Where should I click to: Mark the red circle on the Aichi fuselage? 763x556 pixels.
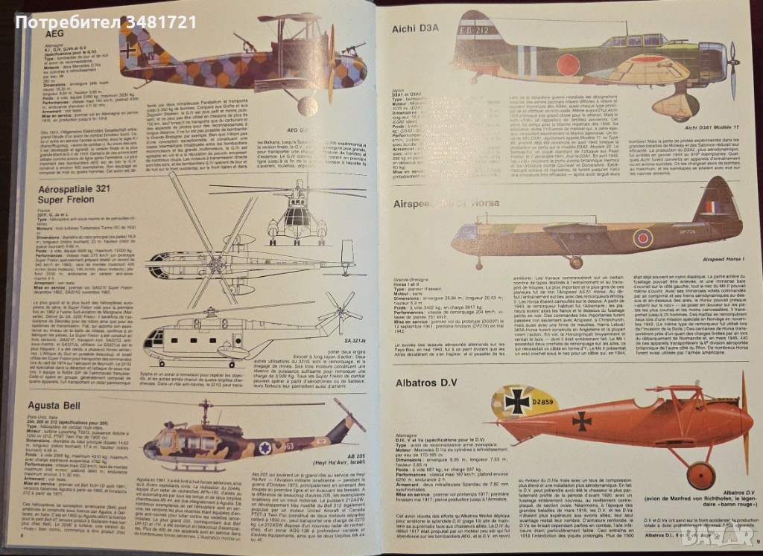[567, 64]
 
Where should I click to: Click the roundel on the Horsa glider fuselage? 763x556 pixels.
[642, 237]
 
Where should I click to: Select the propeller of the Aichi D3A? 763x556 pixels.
[733, 71]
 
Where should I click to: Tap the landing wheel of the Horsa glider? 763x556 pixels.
[576, 262]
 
